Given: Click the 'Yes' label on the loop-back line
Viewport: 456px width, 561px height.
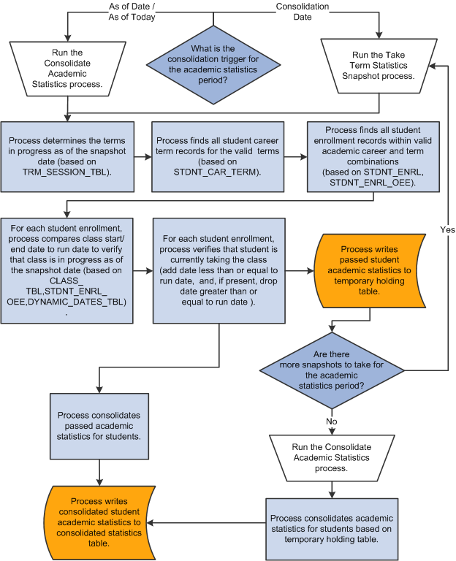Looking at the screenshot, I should [448, 229].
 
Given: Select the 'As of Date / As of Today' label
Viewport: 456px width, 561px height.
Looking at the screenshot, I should [131, 12].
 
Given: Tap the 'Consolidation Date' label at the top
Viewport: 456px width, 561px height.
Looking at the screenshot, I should [302, 12].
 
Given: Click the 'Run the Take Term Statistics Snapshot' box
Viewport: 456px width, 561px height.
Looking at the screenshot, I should [379, 66].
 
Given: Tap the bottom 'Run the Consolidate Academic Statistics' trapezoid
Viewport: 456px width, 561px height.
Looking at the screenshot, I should [332, 457].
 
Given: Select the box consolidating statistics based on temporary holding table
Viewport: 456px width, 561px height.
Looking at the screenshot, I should [332, 524].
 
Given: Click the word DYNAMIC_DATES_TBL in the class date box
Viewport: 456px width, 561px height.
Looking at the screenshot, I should [96, 302].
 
